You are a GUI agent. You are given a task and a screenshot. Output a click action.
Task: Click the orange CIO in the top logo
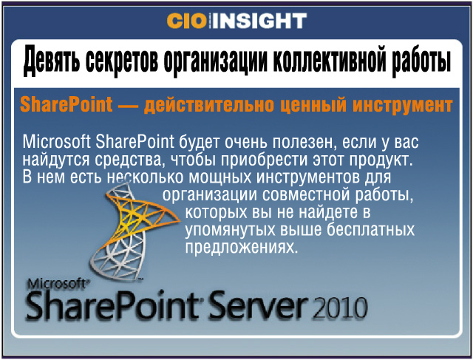[x=186, y=21]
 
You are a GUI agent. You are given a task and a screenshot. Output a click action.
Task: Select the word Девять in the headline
[x=51, y=61]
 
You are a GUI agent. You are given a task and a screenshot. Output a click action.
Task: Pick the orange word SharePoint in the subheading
[x=66, y=105]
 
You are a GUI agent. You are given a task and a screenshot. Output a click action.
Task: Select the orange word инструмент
[x=403, y=106]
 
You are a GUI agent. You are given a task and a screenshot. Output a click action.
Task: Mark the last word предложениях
[x=242, y=248]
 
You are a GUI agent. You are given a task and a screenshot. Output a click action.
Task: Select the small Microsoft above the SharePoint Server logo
[x=58, y=284]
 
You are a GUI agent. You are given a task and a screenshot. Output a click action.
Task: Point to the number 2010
[x=340, y=308]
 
